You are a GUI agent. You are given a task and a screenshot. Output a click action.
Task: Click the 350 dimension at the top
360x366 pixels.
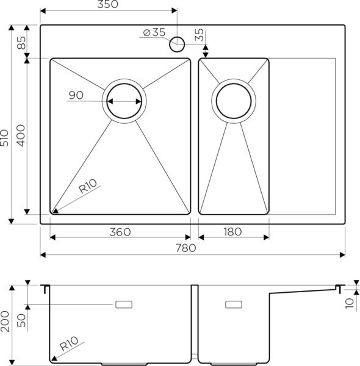point(107,5)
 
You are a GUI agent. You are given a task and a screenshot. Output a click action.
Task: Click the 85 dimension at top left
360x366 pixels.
point(21,43)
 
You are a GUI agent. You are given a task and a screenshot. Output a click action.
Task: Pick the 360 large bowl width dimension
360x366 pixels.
point(120,232)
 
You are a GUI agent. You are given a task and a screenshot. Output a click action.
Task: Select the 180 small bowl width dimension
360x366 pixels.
point(232,232)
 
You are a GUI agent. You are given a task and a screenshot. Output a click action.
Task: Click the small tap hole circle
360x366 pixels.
point(178,43)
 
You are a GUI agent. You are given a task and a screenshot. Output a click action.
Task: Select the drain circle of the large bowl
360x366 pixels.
point(124,101)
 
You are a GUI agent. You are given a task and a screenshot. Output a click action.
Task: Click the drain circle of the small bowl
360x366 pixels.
point(232,101)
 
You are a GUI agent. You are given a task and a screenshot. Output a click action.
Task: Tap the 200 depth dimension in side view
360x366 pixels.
point(5,320)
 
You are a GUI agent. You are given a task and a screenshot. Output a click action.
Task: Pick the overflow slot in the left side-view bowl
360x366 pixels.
point(125,303)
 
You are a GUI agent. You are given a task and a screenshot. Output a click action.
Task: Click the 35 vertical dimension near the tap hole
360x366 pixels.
point(199,34)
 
